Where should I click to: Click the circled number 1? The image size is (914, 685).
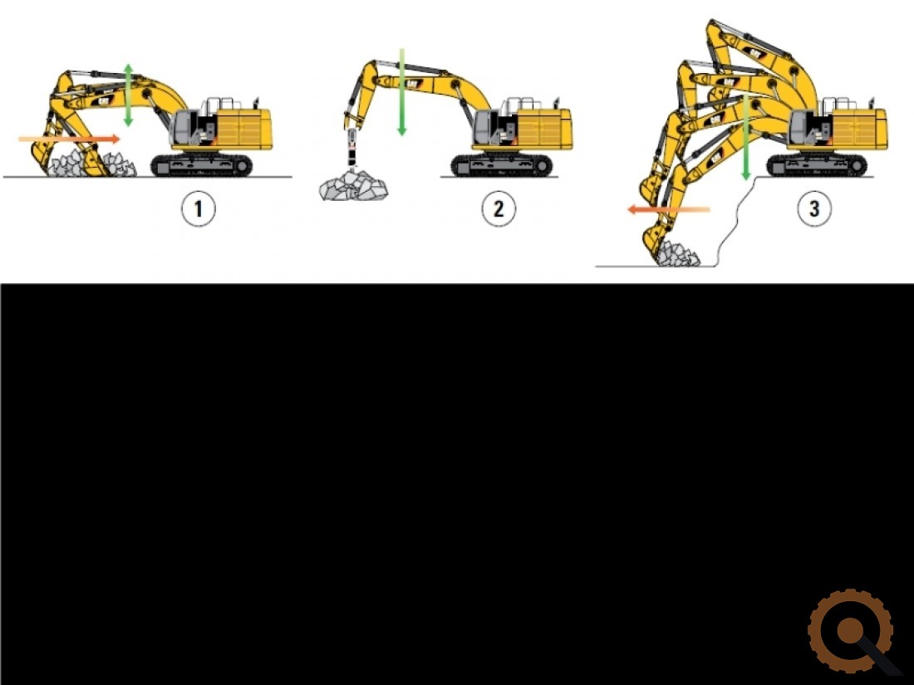click(199, 208)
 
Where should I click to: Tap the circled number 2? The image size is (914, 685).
click(499, 208)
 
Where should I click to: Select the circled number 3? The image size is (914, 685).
click(814, 208)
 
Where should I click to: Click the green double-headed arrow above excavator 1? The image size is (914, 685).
click(128, 95)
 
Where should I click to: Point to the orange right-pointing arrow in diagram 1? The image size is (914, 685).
click(69, 139)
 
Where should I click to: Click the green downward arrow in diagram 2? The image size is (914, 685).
click(401, 92)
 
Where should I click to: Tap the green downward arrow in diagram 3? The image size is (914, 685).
click(745, 138)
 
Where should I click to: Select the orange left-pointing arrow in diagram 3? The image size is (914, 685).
click(669, 210)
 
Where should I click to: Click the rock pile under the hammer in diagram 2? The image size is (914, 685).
click(353, 185)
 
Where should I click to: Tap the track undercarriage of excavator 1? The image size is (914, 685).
click(202, 165)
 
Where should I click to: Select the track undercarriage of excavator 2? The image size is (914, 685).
click(502, 165)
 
